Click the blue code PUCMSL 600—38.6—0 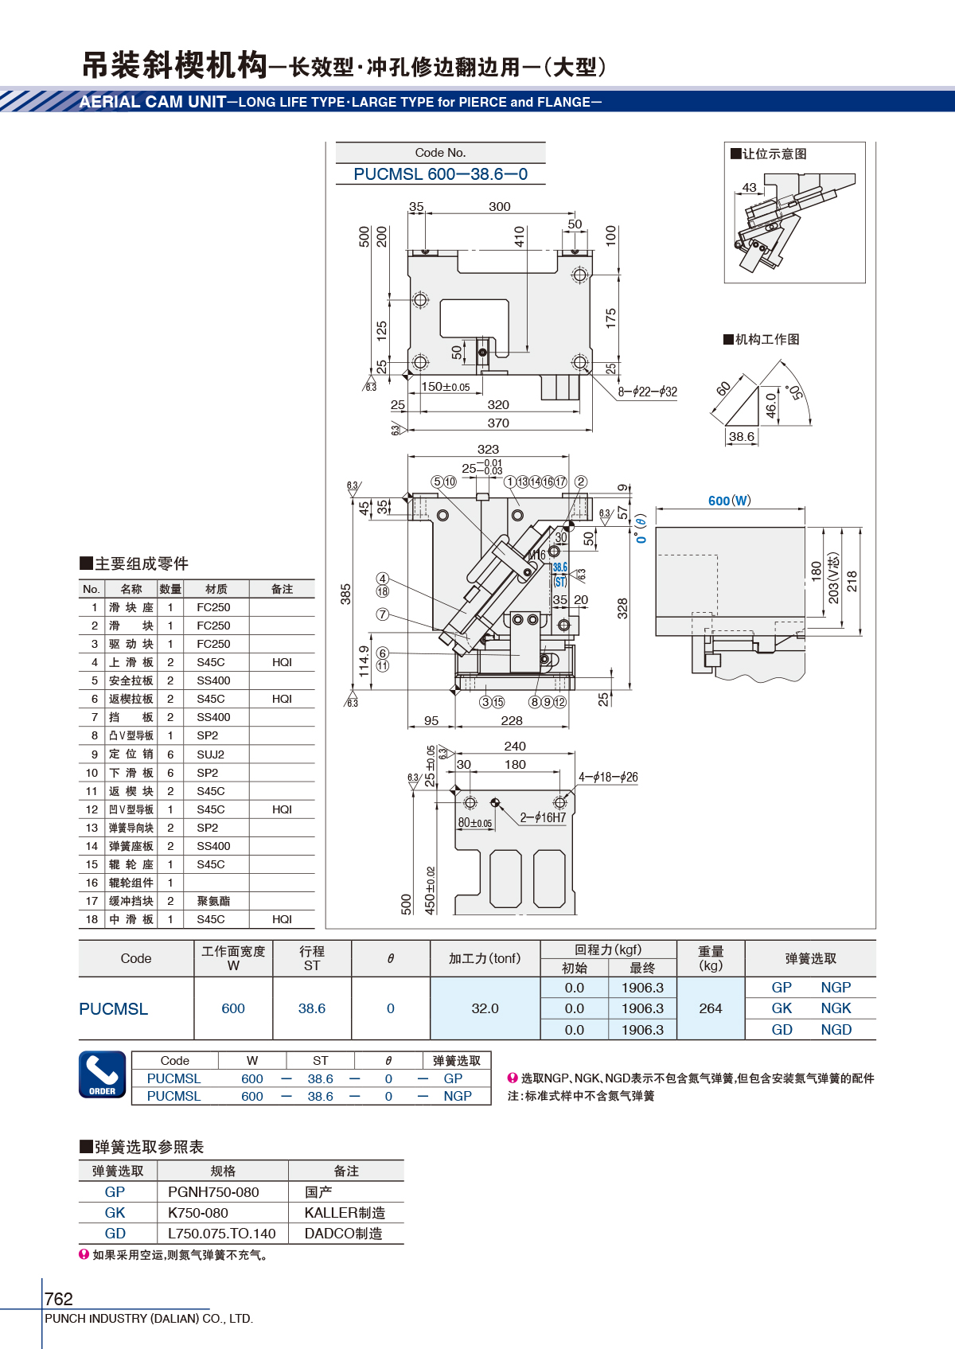(440, 174)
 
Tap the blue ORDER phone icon (102, 1074)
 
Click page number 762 (58, 1298)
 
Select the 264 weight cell (711, 1008)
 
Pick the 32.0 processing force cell (485, 1008)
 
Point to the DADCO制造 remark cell (343, 1234)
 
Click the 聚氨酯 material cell (213, 901)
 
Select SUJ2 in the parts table (210, 754)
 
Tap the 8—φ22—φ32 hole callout (647, 392)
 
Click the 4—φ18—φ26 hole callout (608, 778)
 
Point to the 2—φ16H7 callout (543, 817)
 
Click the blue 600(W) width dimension (729, 501)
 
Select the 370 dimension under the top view (498, 423)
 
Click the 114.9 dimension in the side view (364, 661)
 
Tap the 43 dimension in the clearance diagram (749, 187)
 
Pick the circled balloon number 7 (382, 614)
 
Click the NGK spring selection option (836, 1008)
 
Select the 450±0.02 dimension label (430, 891)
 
